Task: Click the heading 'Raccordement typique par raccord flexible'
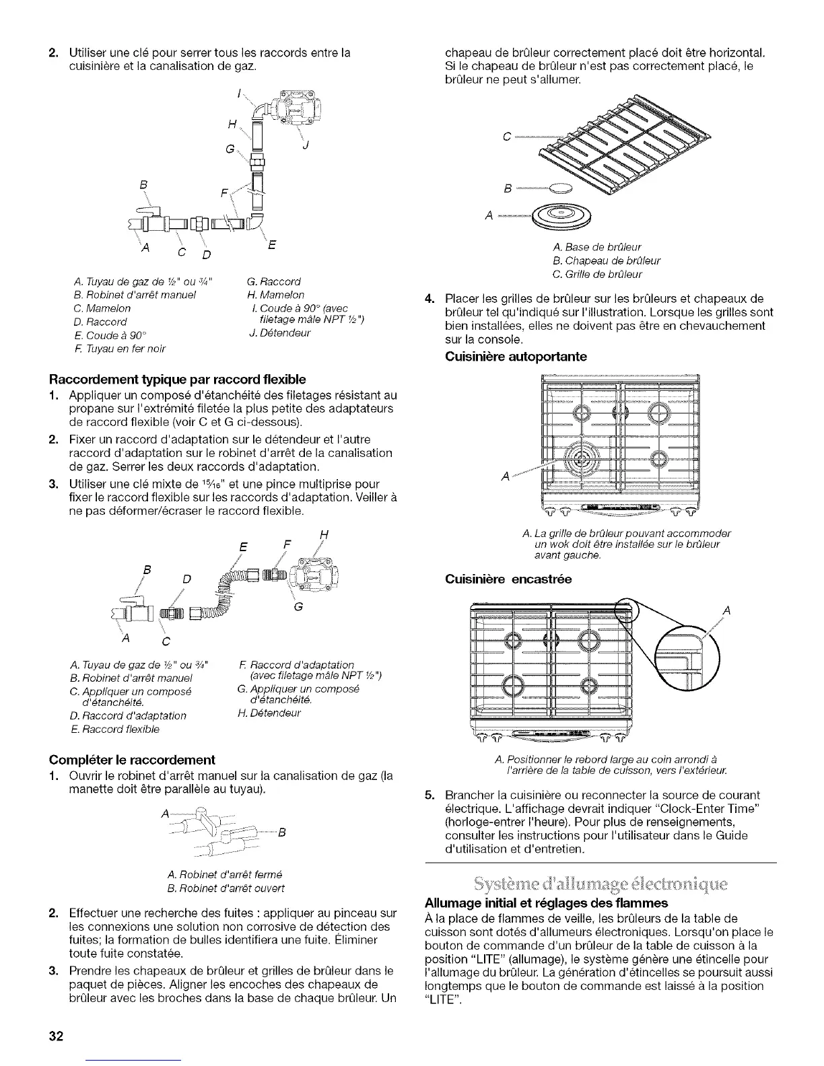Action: coord(178,379)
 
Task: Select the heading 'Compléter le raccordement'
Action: coord(132,760)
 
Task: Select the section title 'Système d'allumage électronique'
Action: coord(601,882)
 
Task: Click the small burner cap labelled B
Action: coord(560,188)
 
